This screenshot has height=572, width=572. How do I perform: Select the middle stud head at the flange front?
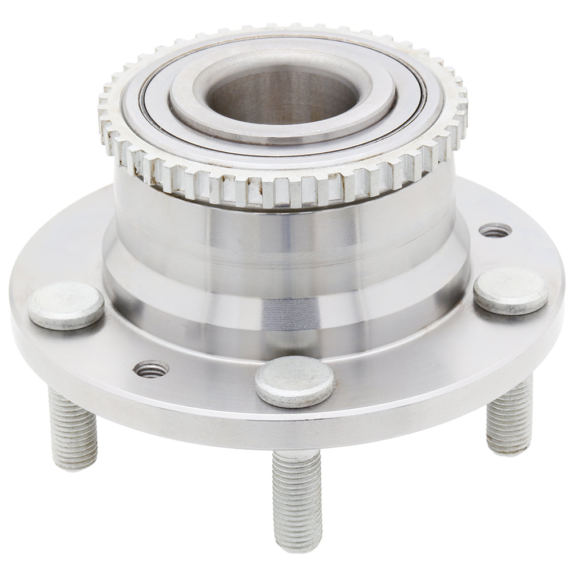tap(295, 382)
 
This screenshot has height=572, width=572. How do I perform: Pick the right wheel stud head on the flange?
tap(511, 291)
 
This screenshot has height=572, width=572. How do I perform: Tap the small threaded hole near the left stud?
tap(151, 369)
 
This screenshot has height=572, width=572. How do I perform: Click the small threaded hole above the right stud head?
tap(495, 230)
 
